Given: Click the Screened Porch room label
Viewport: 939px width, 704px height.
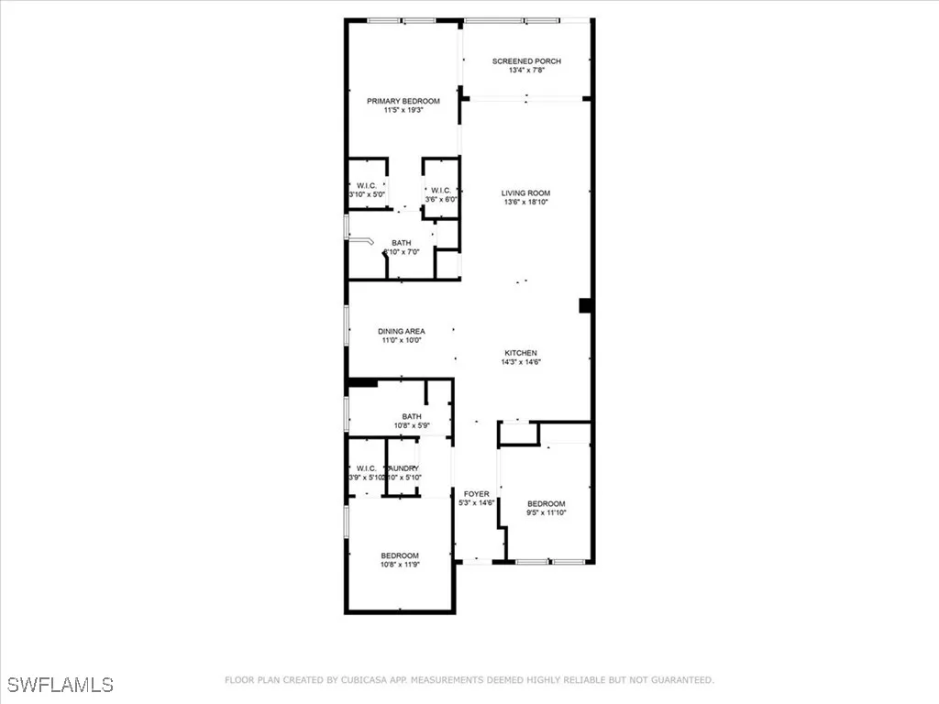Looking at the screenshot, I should click(x=526, y=61).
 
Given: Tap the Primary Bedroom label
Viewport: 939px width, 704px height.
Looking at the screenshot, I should click(x=403, y=101).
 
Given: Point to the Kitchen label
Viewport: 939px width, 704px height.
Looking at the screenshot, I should click(x=520, y=353).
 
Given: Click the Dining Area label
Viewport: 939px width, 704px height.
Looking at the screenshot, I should click(x=401, y=331).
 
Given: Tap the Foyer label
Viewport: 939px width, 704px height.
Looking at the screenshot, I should click(x=476, y=494).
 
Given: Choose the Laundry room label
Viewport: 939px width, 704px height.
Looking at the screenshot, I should click(x=403, y=468).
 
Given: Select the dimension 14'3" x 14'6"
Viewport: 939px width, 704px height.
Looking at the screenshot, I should click(x=520, y=363).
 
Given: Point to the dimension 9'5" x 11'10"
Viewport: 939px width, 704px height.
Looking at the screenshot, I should click(x=546, y=513).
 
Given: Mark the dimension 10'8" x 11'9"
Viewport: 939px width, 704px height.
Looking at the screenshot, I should click(x=400, y=565).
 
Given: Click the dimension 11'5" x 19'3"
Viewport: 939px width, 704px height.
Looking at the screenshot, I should click(x=403, y=111).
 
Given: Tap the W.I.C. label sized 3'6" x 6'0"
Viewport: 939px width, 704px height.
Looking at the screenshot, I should click(x=439, y=191).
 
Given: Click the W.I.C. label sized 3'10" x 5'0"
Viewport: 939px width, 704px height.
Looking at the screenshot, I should click(x=367, y=185).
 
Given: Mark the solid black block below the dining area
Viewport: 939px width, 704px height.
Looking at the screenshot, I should click(x=362, y=383).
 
